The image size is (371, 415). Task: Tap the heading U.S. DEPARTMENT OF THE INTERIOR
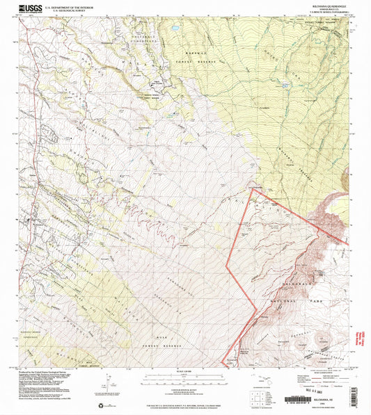72,6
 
